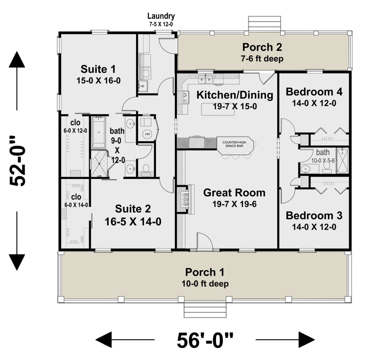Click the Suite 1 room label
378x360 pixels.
click(x=98, y=69)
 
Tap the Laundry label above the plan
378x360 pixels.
click(x=161, y=16)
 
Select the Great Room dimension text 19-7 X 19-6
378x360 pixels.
click(x=234, y=204)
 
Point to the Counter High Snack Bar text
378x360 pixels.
click(x=234, y=144)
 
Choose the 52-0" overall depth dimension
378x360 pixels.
click(x=17, y=160)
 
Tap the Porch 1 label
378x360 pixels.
click(x=204, y=272)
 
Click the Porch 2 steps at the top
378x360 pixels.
click(x=264, y=23)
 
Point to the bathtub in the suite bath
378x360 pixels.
click(x=99, y=132)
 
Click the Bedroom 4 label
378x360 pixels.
click(x=314, y=92)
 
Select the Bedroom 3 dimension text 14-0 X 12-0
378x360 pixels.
click(x=314, y=227)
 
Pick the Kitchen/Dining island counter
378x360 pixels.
click(x=218, y=109)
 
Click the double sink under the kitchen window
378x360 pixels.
click(x=205, y=79)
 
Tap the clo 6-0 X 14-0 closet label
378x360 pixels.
click(x=76, y=200)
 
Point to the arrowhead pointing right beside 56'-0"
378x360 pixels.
click(x=307, y=340)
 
